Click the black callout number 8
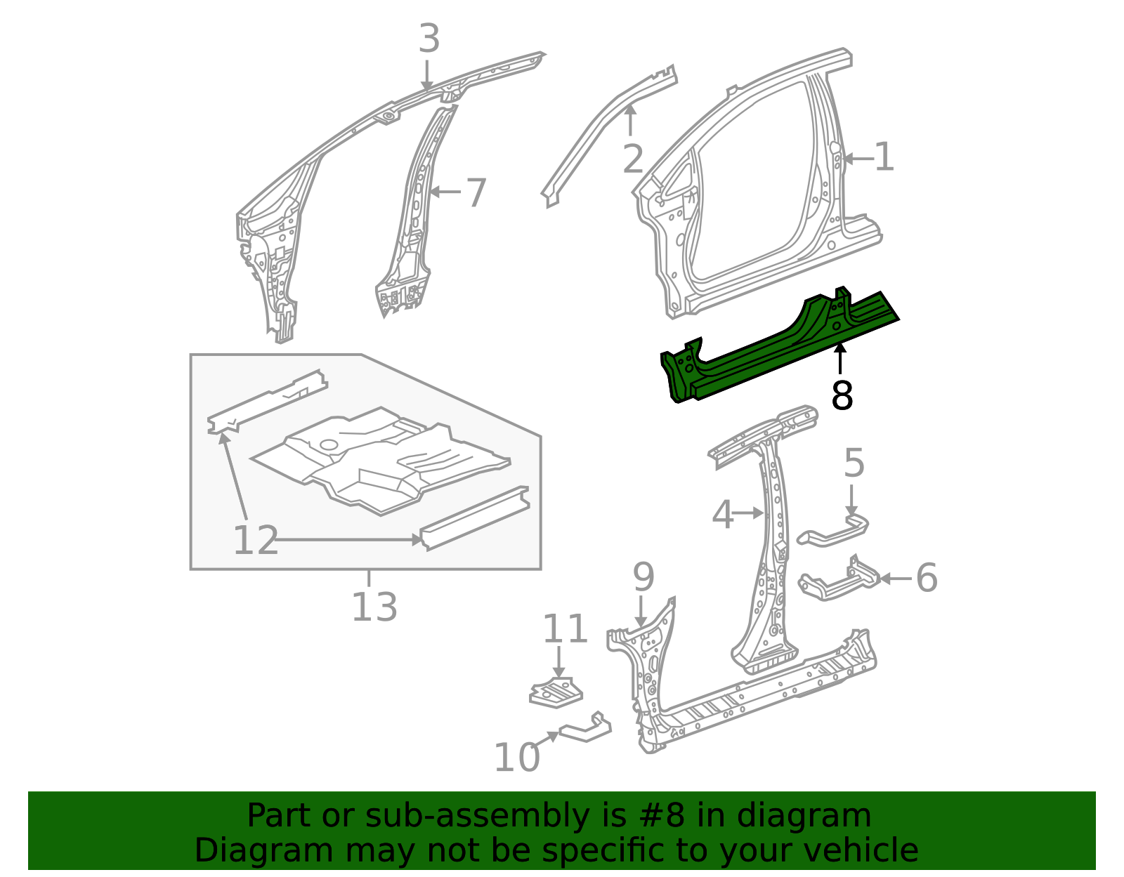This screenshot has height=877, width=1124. coord(842,396)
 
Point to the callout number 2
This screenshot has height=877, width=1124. coord(632,160)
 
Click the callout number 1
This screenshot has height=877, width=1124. coord(884,157)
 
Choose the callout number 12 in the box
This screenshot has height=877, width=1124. coord(255,541)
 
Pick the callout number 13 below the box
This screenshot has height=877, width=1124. coord(374,607)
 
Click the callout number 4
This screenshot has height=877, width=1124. coord(722,515)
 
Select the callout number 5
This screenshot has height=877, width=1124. coord(854,463)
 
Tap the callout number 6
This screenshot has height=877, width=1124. coord(927,578)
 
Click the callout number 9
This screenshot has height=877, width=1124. coord(643,577)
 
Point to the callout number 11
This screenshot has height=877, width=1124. coord(565,629)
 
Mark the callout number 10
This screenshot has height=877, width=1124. coord(516,758)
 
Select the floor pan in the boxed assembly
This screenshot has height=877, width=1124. coord(379,460)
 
